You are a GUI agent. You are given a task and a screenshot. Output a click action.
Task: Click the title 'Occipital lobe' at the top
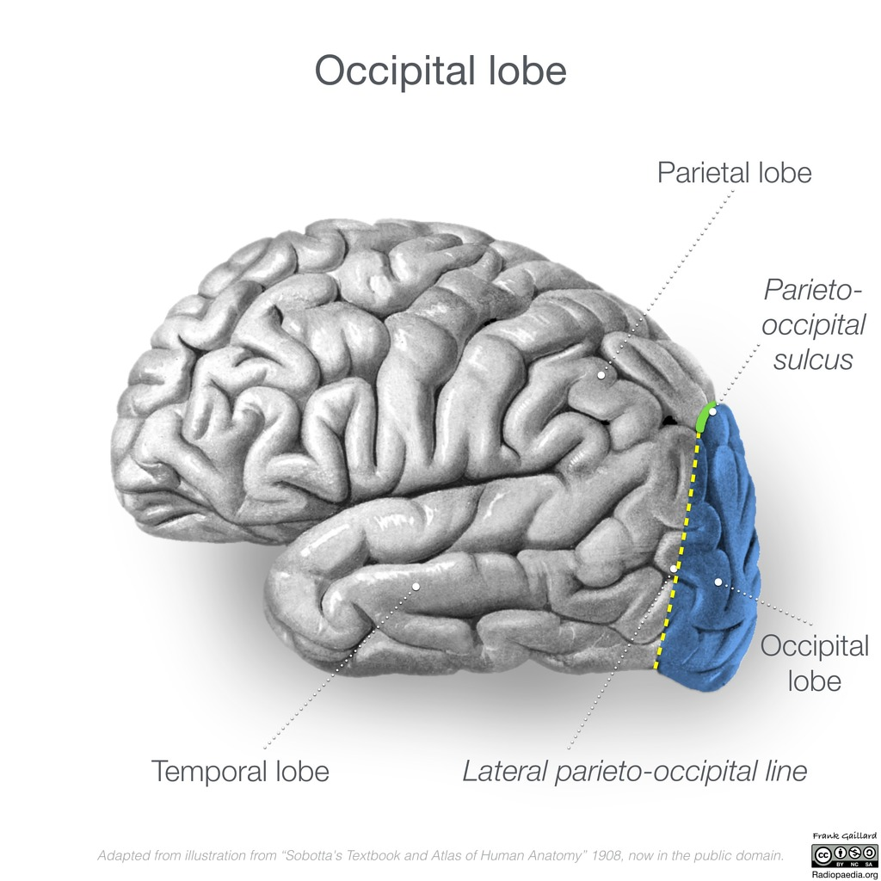coord(440,71)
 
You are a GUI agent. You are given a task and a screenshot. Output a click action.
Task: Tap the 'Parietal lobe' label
coord(735,172)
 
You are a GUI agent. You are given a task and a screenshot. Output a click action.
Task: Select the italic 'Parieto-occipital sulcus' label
coord(813,324)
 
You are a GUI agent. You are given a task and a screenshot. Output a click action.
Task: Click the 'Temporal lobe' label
coord(240,771)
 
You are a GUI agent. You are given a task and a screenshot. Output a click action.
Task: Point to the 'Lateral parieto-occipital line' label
coord(634,772)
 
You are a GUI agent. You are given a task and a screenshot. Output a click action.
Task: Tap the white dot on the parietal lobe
coord(601,375)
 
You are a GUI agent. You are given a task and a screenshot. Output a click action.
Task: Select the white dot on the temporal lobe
coord(416,587)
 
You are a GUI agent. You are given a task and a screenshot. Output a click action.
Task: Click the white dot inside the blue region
coord(718,582)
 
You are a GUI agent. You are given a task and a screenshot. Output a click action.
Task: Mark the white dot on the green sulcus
coord(712,412)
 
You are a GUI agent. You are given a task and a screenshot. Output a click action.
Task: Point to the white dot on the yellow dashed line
coord(673,570)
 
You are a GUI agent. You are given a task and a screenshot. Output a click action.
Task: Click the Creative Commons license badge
coord(844,855)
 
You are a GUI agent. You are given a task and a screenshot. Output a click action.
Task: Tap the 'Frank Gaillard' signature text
coord(844,836)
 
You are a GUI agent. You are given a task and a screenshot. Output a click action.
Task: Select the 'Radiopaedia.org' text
coord(845,875)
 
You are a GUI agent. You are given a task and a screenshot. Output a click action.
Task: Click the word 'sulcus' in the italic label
coord(813,360)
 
